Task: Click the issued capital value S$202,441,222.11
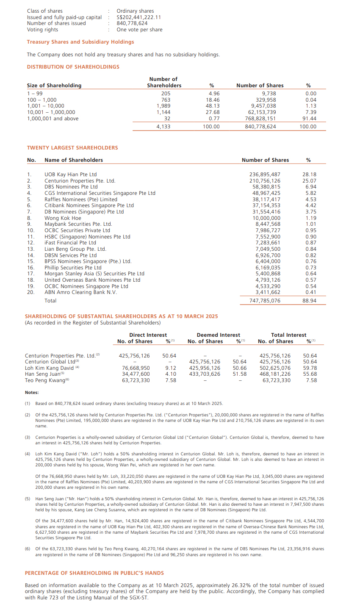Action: (x=138, y=17)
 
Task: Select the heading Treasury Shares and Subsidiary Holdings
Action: (x=80, y=42)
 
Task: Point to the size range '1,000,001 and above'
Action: (x=53, y=119)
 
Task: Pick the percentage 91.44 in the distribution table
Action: (x=310, y=119)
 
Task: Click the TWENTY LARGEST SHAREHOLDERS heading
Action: (x=72, y=148)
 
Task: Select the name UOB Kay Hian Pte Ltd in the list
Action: (x=70, y=175)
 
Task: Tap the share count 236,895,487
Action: (x=265, y=175)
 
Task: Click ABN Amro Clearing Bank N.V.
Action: (x=80, y=292)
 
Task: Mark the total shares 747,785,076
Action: (x=265, y=301)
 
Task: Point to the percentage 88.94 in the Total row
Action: (x=309, y=301)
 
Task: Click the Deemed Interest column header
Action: (x=218, y=335)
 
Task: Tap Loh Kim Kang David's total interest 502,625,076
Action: (x=275, y=368)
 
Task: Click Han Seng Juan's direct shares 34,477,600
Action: (x=136, y=374)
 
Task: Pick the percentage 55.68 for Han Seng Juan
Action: (x=310, y=374)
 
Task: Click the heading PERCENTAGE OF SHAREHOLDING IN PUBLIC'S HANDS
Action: (x=94, y=573)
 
